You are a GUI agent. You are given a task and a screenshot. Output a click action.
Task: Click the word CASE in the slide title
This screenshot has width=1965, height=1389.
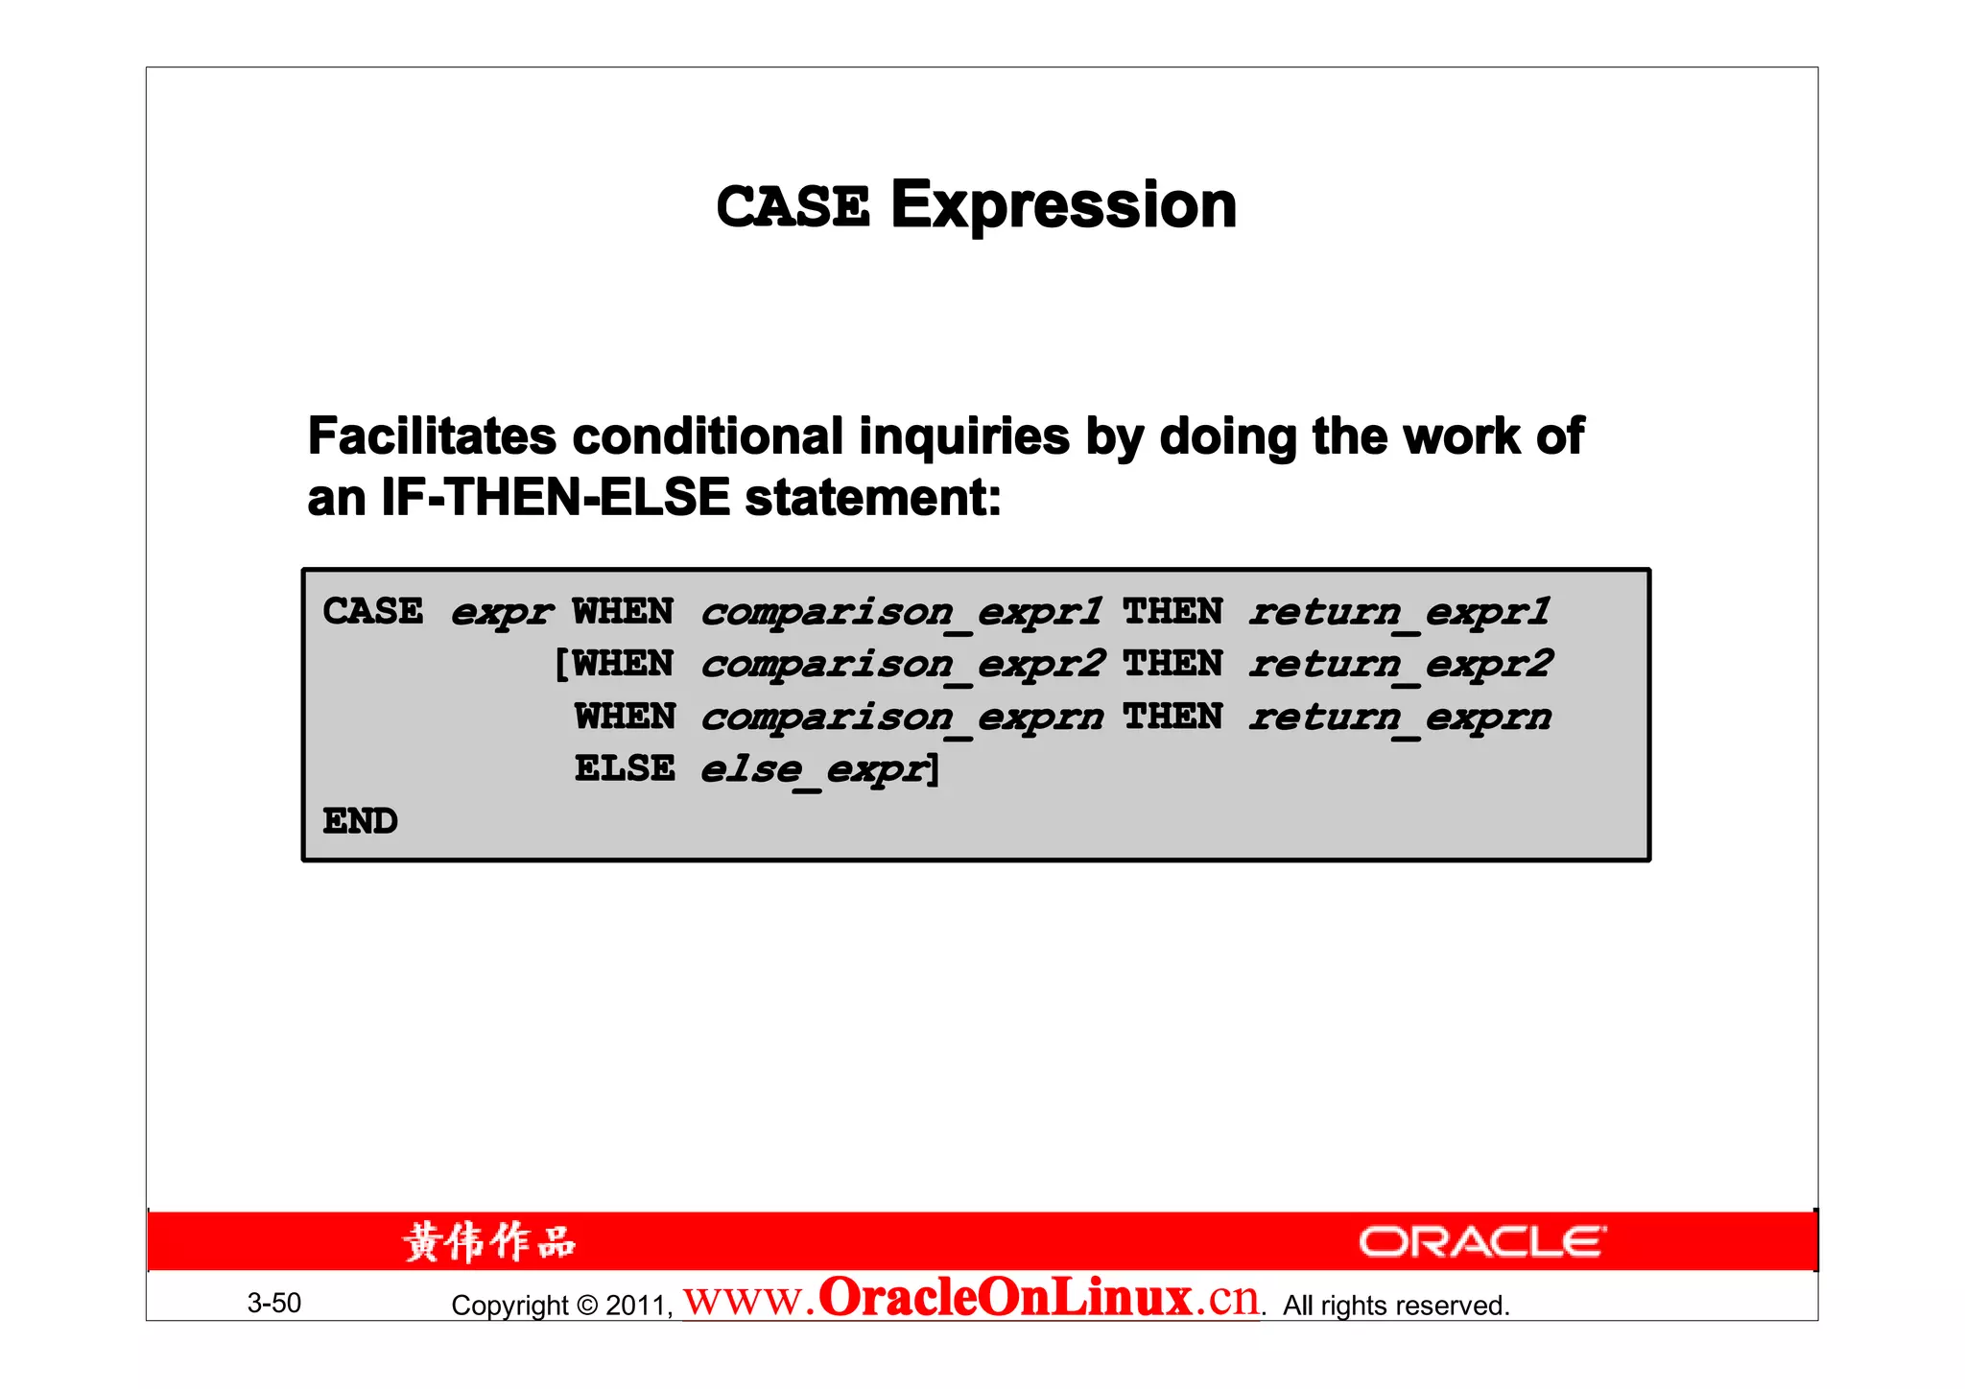click(x=793, y=207)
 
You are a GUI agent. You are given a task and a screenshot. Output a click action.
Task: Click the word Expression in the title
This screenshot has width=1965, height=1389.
click(x=1063, y=205)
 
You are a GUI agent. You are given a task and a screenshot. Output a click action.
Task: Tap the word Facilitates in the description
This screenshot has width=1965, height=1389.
click(x=432, y=436)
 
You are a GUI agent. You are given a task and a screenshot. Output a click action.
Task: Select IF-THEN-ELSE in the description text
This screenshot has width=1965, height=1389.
click(x=556, y=498)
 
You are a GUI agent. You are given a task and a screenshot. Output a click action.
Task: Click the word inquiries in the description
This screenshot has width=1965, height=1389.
click(x=963, y=436)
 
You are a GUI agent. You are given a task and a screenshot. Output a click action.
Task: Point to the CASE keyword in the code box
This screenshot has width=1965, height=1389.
click(x=372, y=611)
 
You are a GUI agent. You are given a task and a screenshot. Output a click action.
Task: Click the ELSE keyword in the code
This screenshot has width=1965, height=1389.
click(x=625, y=768)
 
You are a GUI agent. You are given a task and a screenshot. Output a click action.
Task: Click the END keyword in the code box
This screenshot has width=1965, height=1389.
click(x=360, y=821)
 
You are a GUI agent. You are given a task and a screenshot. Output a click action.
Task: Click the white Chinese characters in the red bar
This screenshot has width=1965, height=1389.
click(x=489, y=1241)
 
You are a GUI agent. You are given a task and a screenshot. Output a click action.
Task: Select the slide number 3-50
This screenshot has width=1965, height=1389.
click(x=274, y=1303)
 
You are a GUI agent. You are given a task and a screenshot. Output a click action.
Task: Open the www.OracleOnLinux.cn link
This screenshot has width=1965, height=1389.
click(x=971, y=1299)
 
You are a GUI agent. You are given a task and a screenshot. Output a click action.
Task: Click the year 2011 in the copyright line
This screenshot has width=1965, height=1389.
click(x=637, y=1306)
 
